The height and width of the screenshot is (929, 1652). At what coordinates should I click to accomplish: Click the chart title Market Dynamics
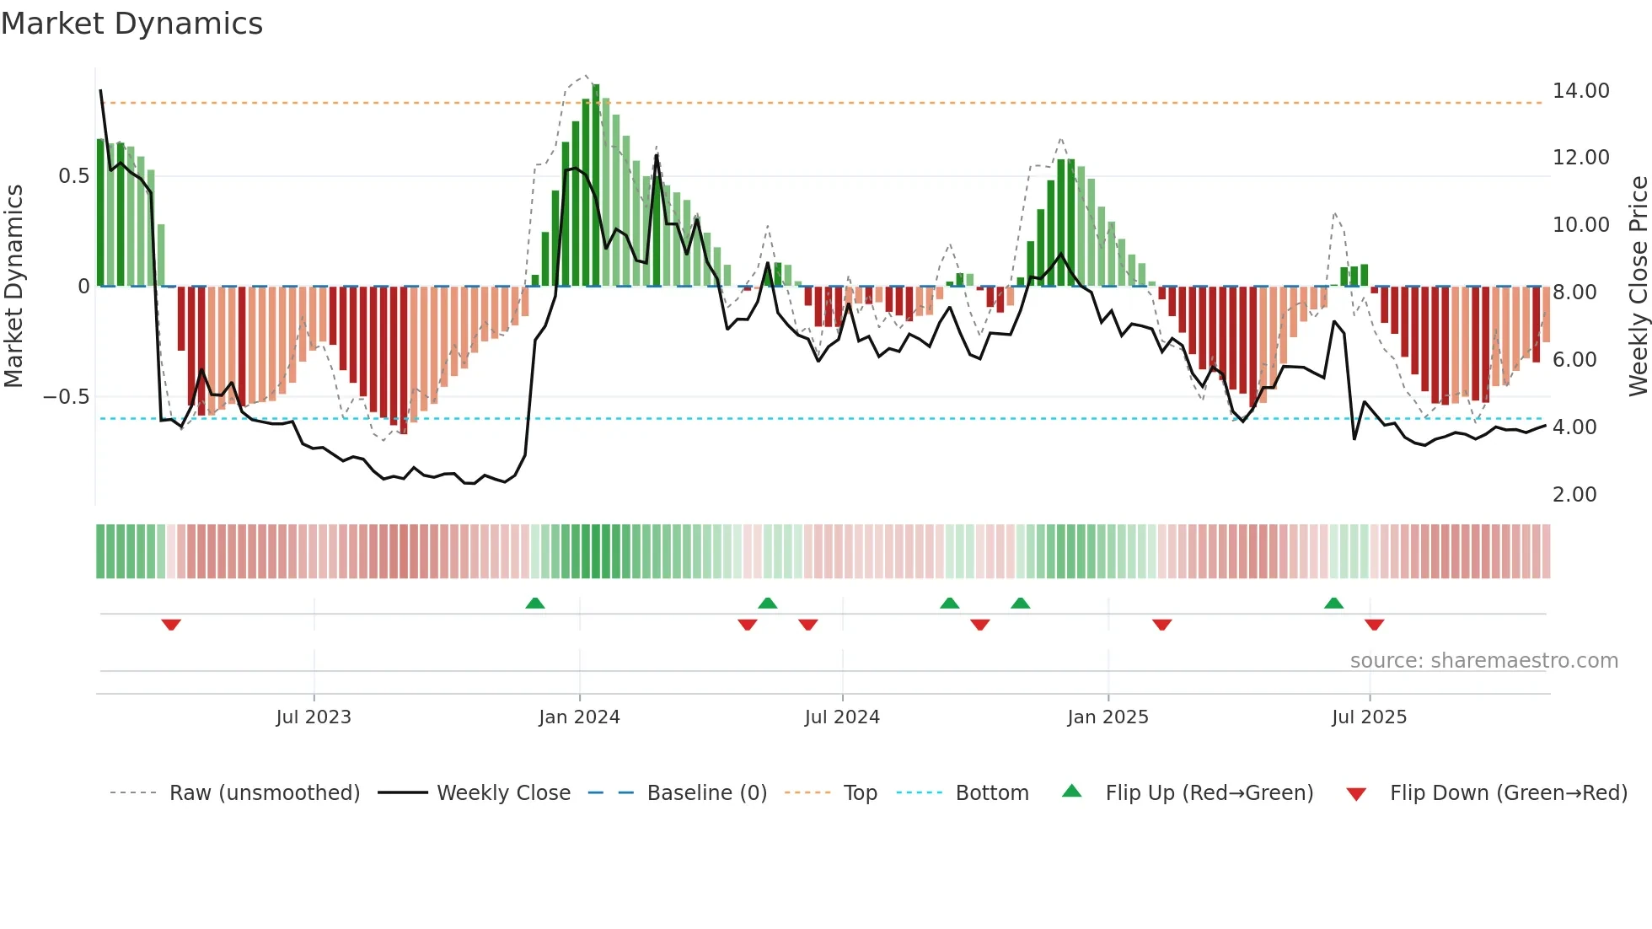tap(131, 24)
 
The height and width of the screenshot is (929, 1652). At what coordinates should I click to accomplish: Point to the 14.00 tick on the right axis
tap(1580, 91)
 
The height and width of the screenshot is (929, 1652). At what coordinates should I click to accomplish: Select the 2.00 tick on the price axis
tap(1574, 495)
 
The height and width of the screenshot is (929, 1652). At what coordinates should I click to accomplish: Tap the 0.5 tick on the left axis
tap(73, 176)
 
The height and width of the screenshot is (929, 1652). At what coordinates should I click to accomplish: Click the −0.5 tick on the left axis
tap(67, 397)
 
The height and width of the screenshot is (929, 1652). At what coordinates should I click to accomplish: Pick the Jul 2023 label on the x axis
tap(314, 717)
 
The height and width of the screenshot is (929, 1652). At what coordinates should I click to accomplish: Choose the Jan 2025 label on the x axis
tap(1108, 717)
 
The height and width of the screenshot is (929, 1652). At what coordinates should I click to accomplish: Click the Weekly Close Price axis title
tap(1638, 287)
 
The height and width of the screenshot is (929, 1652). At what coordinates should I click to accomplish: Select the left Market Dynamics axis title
tap(13, 287)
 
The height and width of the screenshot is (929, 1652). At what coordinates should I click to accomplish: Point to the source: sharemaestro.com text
tap(1483, 661)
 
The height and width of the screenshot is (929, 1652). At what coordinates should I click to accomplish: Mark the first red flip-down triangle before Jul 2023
tap(171, 625)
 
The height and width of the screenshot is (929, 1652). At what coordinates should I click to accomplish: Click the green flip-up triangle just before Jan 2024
tap(535, 603)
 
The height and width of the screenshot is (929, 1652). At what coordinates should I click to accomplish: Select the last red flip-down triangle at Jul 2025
tap(1374, 625)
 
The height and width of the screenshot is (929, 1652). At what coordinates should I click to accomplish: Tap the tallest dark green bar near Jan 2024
tap(596, 185)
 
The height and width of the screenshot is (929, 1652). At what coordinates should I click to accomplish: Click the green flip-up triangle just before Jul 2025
tap(1333, 603)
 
